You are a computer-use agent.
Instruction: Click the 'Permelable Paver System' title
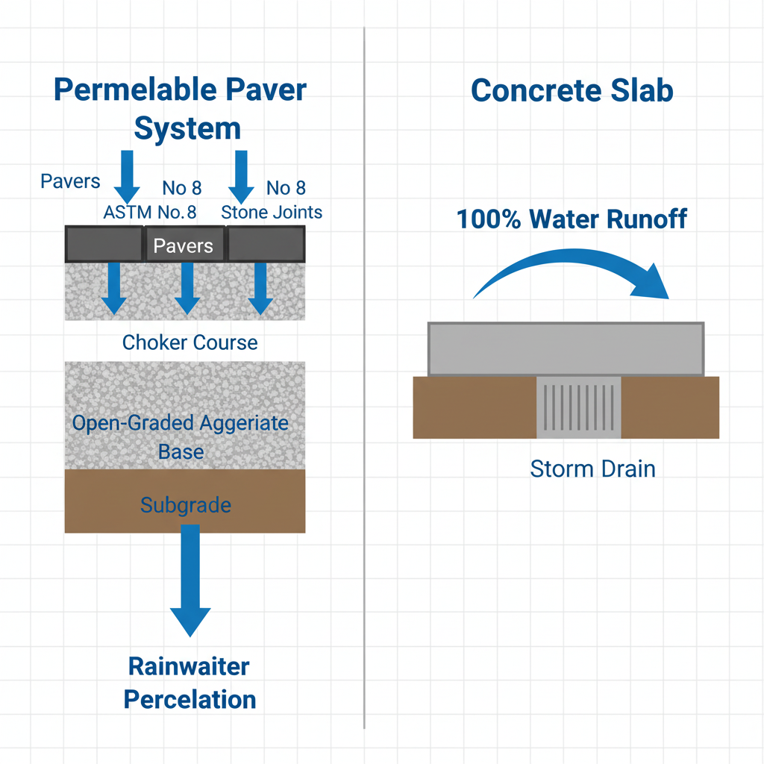181,109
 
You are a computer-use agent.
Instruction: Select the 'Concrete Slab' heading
572,91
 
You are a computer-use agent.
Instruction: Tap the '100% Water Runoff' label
572,219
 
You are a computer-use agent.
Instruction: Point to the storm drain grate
579,407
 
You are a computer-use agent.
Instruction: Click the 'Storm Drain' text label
592,469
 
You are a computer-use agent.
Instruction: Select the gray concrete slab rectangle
566,348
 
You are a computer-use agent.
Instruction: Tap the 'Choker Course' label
190,342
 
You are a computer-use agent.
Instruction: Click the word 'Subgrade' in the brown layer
185,505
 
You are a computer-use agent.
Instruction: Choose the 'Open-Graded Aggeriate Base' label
180,436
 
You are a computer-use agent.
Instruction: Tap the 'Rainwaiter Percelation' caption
190,683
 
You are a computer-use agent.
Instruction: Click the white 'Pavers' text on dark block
183,246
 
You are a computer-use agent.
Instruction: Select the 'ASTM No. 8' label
150,212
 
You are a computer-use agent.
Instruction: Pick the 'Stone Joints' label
272,212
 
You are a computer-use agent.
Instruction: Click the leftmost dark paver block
104,243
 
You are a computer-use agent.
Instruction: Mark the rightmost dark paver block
266,243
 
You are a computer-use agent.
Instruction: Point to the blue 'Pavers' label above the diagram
70,182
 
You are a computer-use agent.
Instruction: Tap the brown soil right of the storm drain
669,407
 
